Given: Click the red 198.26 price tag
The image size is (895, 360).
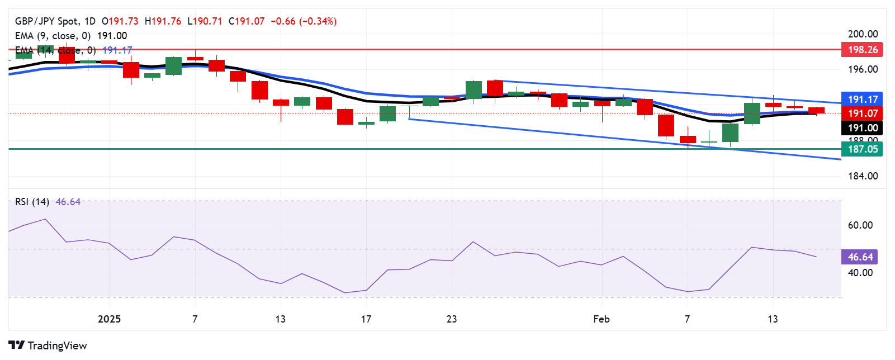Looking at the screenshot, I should [x=862, y=50].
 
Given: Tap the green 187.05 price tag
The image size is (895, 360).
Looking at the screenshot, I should [x=862, y=149].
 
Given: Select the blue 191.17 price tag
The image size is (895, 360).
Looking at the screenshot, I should [x=862, y=100].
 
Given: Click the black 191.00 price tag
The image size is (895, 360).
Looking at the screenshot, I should [x=862, y=128].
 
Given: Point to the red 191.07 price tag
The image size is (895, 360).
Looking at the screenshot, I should [x=862, y=113].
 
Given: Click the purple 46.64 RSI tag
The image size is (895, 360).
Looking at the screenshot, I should [x=860, y=257].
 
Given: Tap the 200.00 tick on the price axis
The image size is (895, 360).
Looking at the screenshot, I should [x=863, y=34].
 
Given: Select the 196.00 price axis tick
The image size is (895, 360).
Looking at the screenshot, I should [x=863, y=69].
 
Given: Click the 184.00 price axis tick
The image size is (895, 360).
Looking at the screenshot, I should [x=863, y=176].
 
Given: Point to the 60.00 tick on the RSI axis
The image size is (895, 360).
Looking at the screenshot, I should [x=860, y=225].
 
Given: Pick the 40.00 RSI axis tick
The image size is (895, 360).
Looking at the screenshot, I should [x=860, y=273].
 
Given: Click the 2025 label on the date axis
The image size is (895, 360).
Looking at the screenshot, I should [x=109, y=319].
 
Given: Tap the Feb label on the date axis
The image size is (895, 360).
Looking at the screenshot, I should [x=601, y=319].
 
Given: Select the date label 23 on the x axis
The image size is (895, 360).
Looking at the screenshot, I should [x=452, y=319].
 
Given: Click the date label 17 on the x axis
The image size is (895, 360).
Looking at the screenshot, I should [x=366, y=319].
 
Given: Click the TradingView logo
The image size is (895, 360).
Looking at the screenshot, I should [x=48, y=345].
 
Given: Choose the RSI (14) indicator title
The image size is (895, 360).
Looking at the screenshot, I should [x=32, y=202].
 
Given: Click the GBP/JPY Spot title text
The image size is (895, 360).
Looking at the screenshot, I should [x=47, y=21].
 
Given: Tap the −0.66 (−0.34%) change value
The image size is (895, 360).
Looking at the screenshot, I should [x=304, y=21].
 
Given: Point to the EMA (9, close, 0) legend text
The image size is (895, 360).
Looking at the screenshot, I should [x=53, y=36].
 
